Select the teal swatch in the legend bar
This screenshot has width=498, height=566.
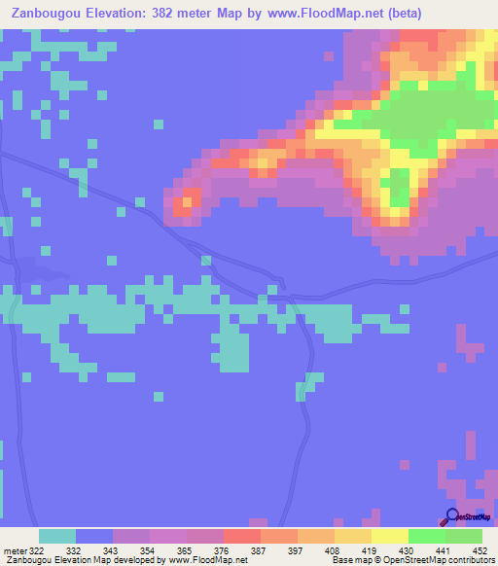(57, 536)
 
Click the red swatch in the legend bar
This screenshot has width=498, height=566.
(242, 536)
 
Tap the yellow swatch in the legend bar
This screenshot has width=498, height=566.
(390, 536)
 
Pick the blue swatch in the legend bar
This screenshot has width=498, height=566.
(94, 536)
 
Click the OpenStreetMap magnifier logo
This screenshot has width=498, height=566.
(453, 517)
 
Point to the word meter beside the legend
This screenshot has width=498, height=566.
(12, 549)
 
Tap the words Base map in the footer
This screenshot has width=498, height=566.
(351, 561)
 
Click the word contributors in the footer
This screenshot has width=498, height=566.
(472, 561)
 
